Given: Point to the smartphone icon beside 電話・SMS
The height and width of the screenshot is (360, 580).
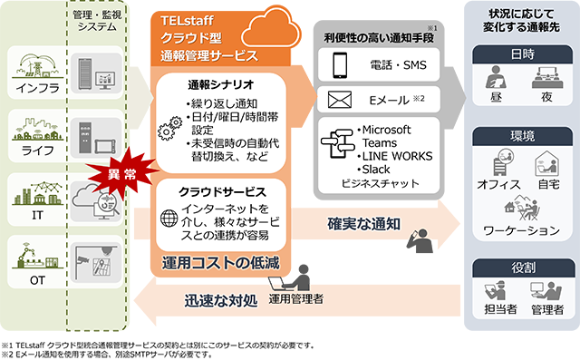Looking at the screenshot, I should pyautogui.click(x=340, y=65).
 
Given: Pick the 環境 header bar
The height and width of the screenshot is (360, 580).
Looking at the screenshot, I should pyautogui.click(x=522, y=135).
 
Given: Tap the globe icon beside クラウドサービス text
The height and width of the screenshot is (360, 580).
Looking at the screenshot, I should pyautogui.click(x=169, y=217).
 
